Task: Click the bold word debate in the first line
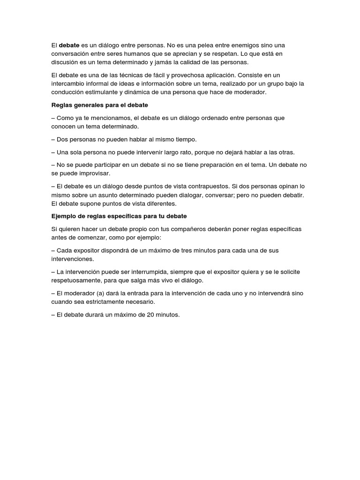tap(69, 45)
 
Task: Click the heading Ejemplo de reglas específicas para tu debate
tap(119, 216)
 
